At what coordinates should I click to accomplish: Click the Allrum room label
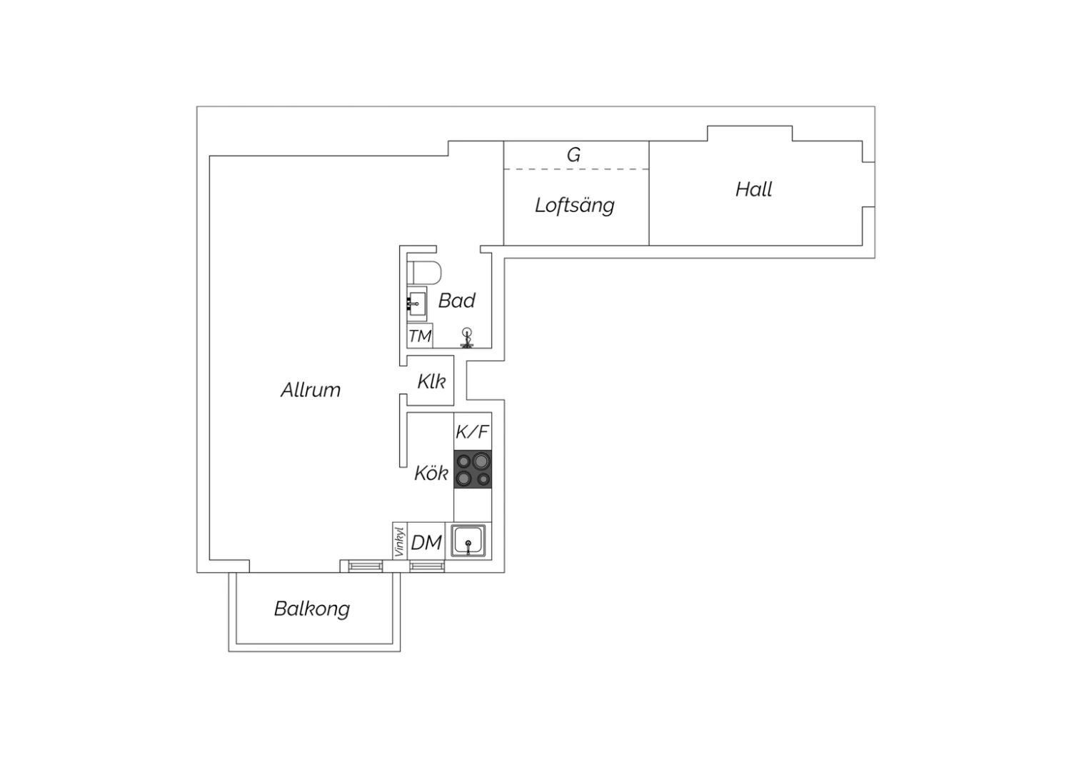coord(311,390)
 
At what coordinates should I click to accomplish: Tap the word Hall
coord(754,189)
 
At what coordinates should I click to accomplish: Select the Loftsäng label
coord(575,206)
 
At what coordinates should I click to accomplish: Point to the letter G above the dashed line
coord(573,155)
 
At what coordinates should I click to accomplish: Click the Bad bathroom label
coord(457,301)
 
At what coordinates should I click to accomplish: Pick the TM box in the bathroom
coord(420,336)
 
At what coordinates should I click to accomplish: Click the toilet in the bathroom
coord(426,272)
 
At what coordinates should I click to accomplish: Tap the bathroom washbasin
coord(416,304)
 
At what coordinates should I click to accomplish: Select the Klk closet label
coord(431,382)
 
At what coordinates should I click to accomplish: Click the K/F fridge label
coord(473,432)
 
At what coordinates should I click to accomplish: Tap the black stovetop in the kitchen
coord(473,470)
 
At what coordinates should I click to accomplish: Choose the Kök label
coord(431,473)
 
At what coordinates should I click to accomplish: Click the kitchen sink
coord(469,541)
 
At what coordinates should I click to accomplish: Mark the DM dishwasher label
coord(426,543)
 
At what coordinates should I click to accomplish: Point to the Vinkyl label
coord(400,541)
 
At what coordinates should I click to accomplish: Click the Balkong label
coord(312,609)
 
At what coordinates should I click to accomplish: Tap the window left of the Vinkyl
coord(366,566)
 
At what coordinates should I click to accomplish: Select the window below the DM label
coord(427,566)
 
